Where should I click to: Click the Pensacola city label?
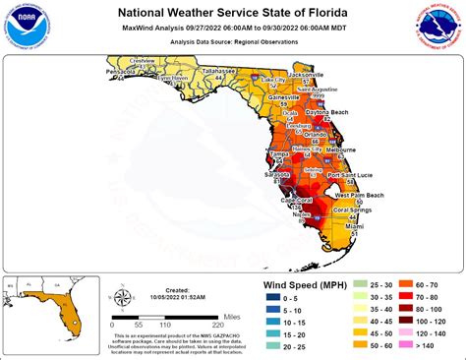123,72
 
